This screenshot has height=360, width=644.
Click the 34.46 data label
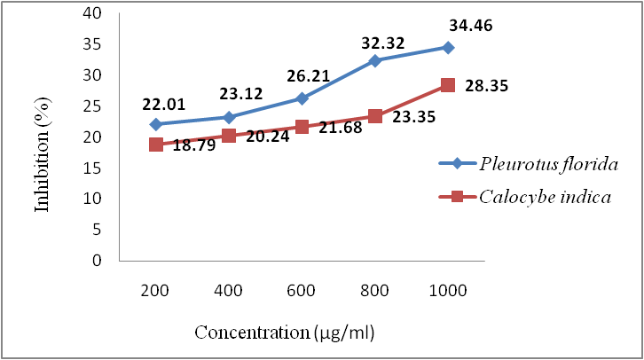point(471,26)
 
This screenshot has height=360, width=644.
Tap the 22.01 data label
point(163,105)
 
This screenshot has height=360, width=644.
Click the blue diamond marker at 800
point(375,60)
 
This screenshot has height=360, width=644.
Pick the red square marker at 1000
point(448,85)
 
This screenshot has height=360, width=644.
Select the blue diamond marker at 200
point(156,124)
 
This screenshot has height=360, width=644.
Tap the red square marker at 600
point(302,127)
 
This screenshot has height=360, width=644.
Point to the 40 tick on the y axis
point(92,13)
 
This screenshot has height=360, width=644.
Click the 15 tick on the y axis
point(92,168)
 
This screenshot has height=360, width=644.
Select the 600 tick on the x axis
point(302,292)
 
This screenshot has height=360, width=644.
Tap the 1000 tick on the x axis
point(447,292)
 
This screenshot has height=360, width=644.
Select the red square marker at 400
point(229,136)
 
